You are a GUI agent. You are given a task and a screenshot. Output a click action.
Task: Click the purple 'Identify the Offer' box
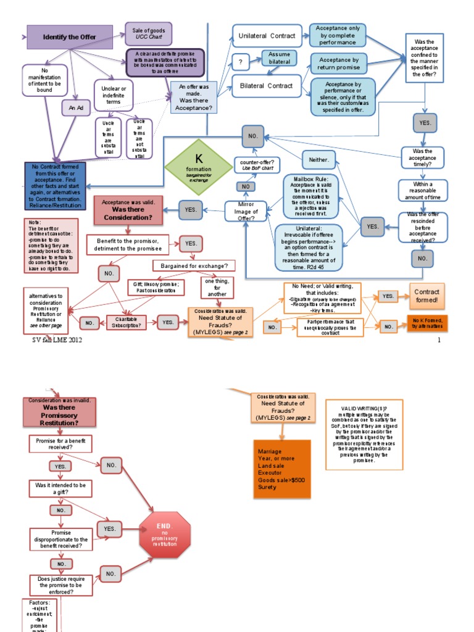click(70, 37)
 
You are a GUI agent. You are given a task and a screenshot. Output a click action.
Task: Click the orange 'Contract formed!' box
click(427, 296)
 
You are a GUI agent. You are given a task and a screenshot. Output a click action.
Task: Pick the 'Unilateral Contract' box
click(267, 36)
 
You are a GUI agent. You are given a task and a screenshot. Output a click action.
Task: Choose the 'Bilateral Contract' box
click(267, 86)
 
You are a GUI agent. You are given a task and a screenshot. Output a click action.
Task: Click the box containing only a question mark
click(240, 62)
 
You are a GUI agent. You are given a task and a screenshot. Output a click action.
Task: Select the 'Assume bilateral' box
click(279, 59)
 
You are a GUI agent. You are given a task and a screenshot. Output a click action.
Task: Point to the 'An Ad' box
click(72, 107)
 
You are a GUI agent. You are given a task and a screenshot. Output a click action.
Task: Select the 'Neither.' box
click(318, 160)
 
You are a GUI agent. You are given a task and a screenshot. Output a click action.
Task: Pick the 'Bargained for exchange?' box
click(194, 266)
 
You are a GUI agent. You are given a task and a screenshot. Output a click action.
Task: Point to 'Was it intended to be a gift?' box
click(60, 488)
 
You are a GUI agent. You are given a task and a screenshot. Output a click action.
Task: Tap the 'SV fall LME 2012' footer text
click(57, 339)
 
